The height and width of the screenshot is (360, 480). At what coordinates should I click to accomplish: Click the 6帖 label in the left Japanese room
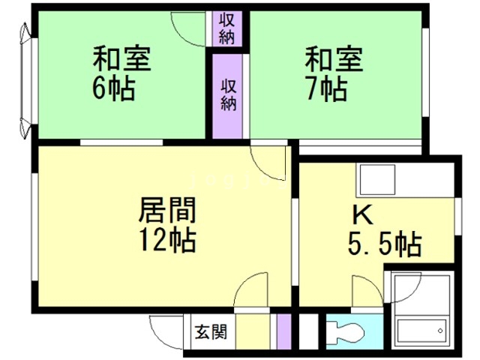115,89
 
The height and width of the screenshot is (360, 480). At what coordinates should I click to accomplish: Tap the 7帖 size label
326,89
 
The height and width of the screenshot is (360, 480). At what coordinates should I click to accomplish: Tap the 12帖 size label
167,241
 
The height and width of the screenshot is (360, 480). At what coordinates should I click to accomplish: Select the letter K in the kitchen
363,215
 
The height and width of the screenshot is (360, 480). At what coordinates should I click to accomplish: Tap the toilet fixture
344,331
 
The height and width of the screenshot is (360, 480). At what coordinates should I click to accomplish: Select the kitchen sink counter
406,180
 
